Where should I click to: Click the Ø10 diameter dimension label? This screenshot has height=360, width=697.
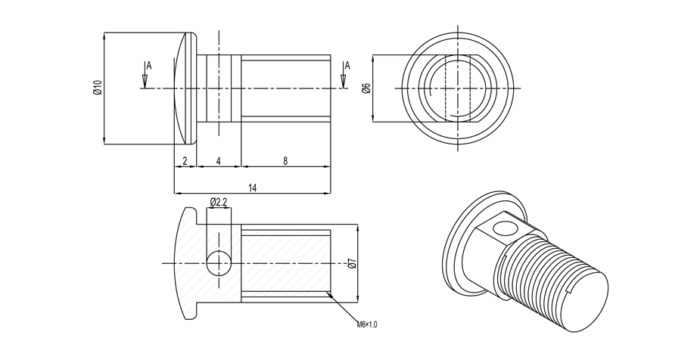click(x=97, y=88)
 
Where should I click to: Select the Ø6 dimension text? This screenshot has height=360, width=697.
click(x=366, y=88)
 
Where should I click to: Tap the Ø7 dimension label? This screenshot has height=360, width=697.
click(x=352, y=263)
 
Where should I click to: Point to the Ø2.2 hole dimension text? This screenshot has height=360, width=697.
click(x=218, y=202)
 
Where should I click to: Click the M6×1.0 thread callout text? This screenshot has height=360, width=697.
click(x=367, y=324)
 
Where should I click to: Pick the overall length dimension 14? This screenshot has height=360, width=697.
click(x=252, y=188)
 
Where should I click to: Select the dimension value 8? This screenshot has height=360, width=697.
click(x=285, y=160)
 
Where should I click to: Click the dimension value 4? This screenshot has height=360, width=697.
click(x=218, y=160)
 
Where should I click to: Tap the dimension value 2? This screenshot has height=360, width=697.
click(x=185, y=160)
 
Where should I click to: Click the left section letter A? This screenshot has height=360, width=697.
click(x=149, y=67)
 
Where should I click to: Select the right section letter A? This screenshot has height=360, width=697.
click(x=347, y=66)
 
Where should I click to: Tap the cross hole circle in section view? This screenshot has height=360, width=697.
click(x=218, y=262)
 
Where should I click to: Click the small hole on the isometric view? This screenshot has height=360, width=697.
click(x=502, y=228)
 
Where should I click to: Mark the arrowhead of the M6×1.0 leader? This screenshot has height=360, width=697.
click(x=328, y=293)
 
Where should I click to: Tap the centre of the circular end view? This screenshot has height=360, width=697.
click(x=457, y=88)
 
